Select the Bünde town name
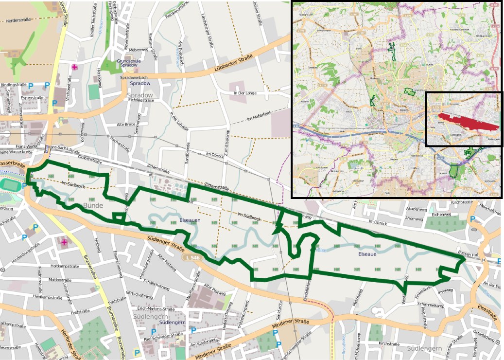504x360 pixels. pos(93,206)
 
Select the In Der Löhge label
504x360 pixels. pos(244,93)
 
